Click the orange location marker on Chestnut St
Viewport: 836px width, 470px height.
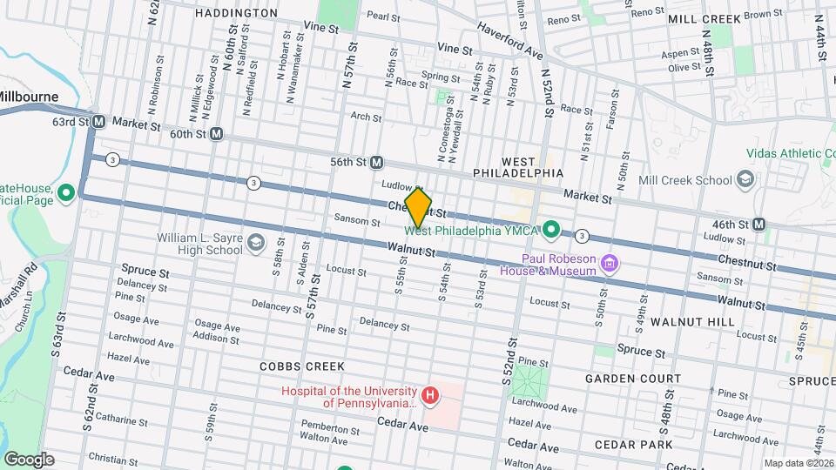[419, 207]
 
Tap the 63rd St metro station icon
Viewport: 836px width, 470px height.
[99, 122]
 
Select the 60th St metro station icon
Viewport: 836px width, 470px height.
[216, 135]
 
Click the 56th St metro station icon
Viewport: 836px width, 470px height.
[377, 162]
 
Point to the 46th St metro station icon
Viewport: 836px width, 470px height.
[758, 224]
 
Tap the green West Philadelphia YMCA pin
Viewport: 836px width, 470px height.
[550, 232]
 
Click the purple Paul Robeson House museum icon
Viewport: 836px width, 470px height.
[610, 262]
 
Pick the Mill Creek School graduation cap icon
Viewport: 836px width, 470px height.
[745, 180]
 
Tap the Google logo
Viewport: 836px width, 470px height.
[29, 459]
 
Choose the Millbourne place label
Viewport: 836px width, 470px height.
[29, 97]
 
